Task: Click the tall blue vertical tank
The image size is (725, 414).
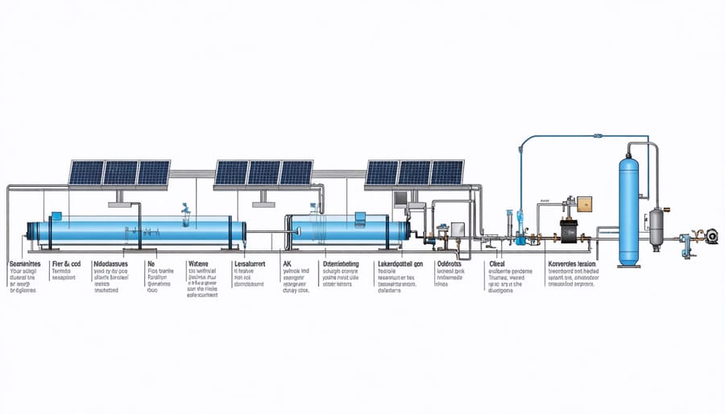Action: tap(630, 211)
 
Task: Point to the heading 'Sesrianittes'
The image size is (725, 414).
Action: tap(27, 263)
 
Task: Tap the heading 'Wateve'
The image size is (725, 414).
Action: tap(198, 263)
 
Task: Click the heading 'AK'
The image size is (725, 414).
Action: tap(287, 263)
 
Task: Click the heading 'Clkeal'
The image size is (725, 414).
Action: tap(496, 263)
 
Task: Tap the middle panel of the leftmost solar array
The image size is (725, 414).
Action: tap(120, 173)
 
